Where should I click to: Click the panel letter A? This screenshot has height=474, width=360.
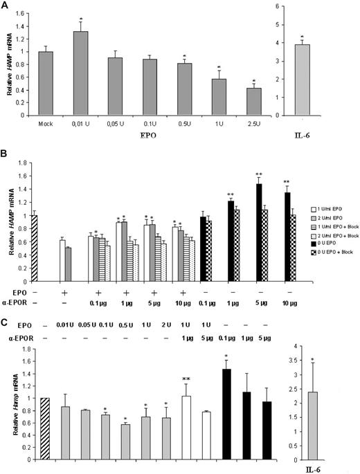(x=5, y=5)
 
